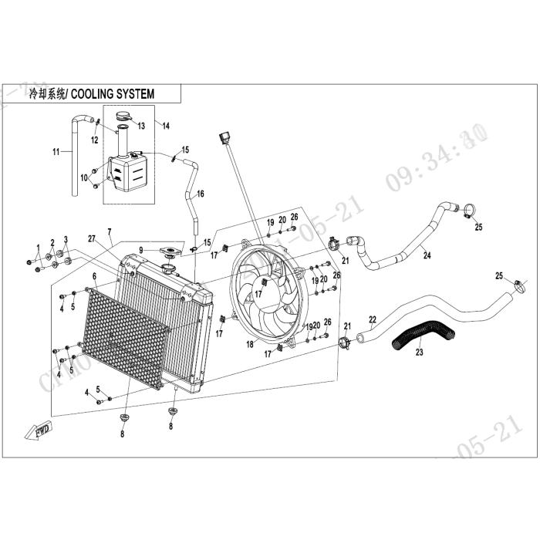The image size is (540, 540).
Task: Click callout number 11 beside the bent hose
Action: point(55,153)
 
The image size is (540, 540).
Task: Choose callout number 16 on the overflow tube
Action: point(200,194)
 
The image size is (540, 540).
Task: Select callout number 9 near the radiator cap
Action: point(141,249)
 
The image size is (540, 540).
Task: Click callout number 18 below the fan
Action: point(249,346)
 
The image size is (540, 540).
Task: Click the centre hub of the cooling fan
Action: point(260,293)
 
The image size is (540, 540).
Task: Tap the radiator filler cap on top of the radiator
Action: point(169,253)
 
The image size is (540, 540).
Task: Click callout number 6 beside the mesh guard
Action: point(94,276)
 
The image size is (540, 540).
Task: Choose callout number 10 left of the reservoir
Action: point(84,178)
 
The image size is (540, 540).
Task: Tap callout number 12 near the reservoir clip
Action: point(94,140)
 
